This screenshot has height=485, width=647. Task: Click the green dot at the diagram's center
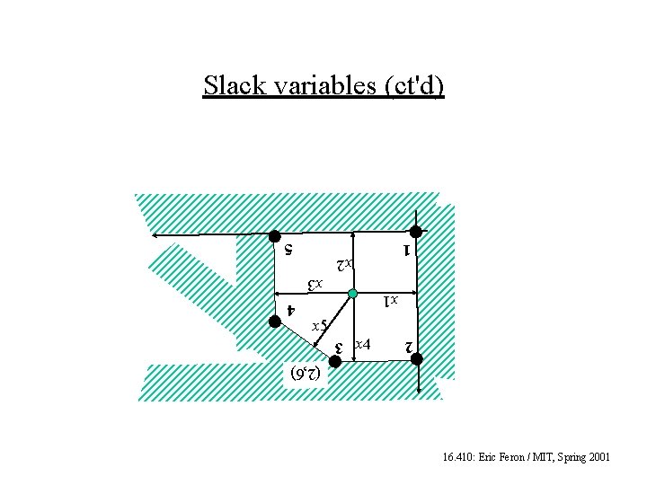point(353,294)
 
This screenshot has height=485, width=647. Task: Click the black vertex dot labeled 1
point(416,232)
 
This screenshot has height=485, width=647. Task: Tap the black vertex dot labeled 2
point(417,359)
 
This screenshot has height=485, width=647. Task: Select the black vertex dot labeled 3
point(333,361)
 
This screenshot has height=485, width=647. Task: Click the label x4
point(363,344)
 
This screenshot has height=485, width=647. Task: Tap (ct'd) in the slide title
point(414,85)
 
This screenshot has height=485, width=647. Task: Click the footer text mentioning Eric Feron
point(527,457)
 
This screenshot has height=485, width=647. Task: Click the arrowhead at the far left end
point(155,235)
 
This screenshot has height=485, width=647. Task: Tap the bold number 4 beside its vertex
point(289,310)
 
